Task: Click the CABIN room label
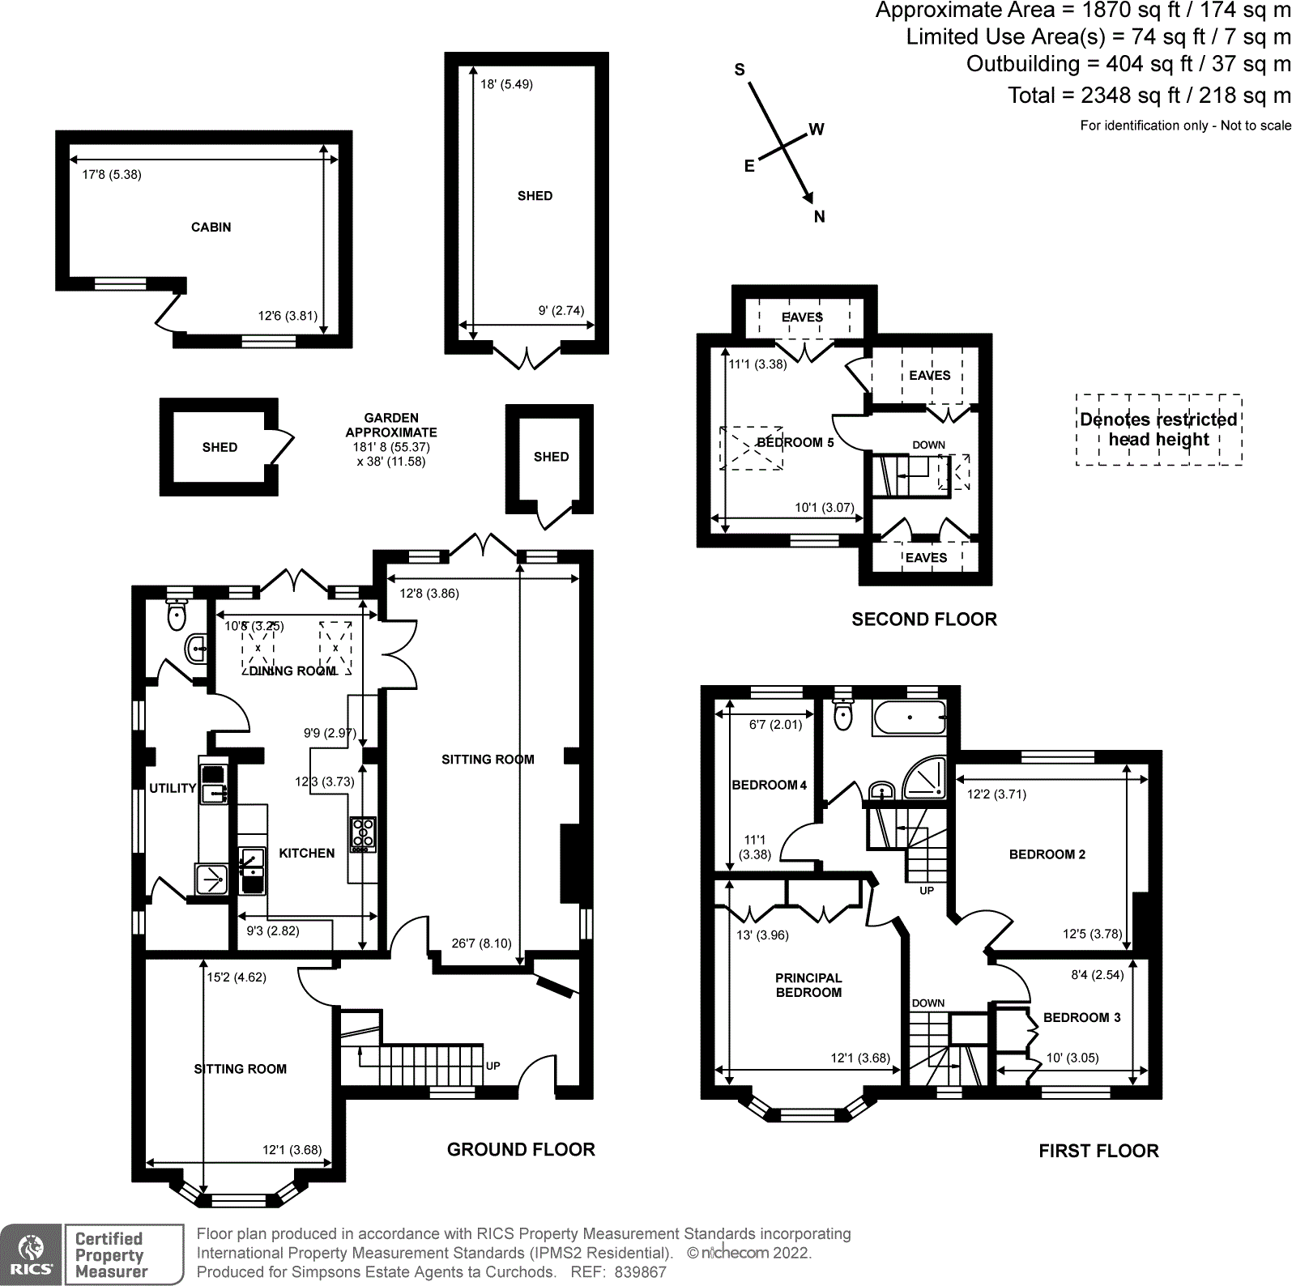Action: pos(211,228)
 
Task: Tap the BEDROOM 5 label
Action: pos(795,442)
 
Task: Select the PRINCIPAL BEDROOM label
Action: pos(808,985)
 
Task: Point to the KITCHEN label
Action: pos(306,853)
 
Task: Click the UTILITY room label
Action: pos(173,788)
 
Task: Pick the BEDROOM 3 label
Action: pos(1081,1017)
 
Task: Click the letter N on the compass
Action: pos(820,216)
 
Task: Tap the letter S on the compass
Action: pos(740,70)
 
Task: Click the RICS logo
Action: pos(31,1254)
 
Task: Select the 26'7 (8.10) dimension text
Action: pos(481,943)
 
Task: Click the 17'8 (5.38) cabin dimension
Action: pos(112,174)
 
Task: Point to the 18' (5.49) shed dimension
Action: pos(506,84)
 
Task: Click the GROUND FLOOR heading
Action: pos(521,1149)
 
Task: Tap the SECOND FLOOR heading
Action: pos(924,620)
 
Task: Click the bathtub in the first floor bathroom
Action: pos(910,718)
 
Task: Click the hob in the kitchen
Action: pos(362,835)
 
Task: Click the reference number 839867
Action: pos(640,1272)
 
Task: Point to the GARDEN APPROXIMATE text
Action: pos(391,425)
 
